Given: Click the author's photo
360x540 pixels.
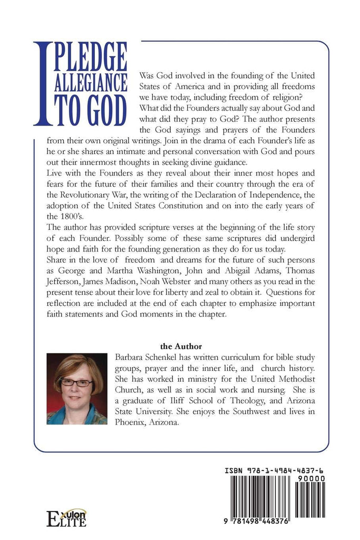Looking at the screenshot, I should [x=77, y=389].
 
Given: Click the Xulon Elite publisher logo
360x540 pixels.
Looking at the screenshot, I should [x=66, y=518].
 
